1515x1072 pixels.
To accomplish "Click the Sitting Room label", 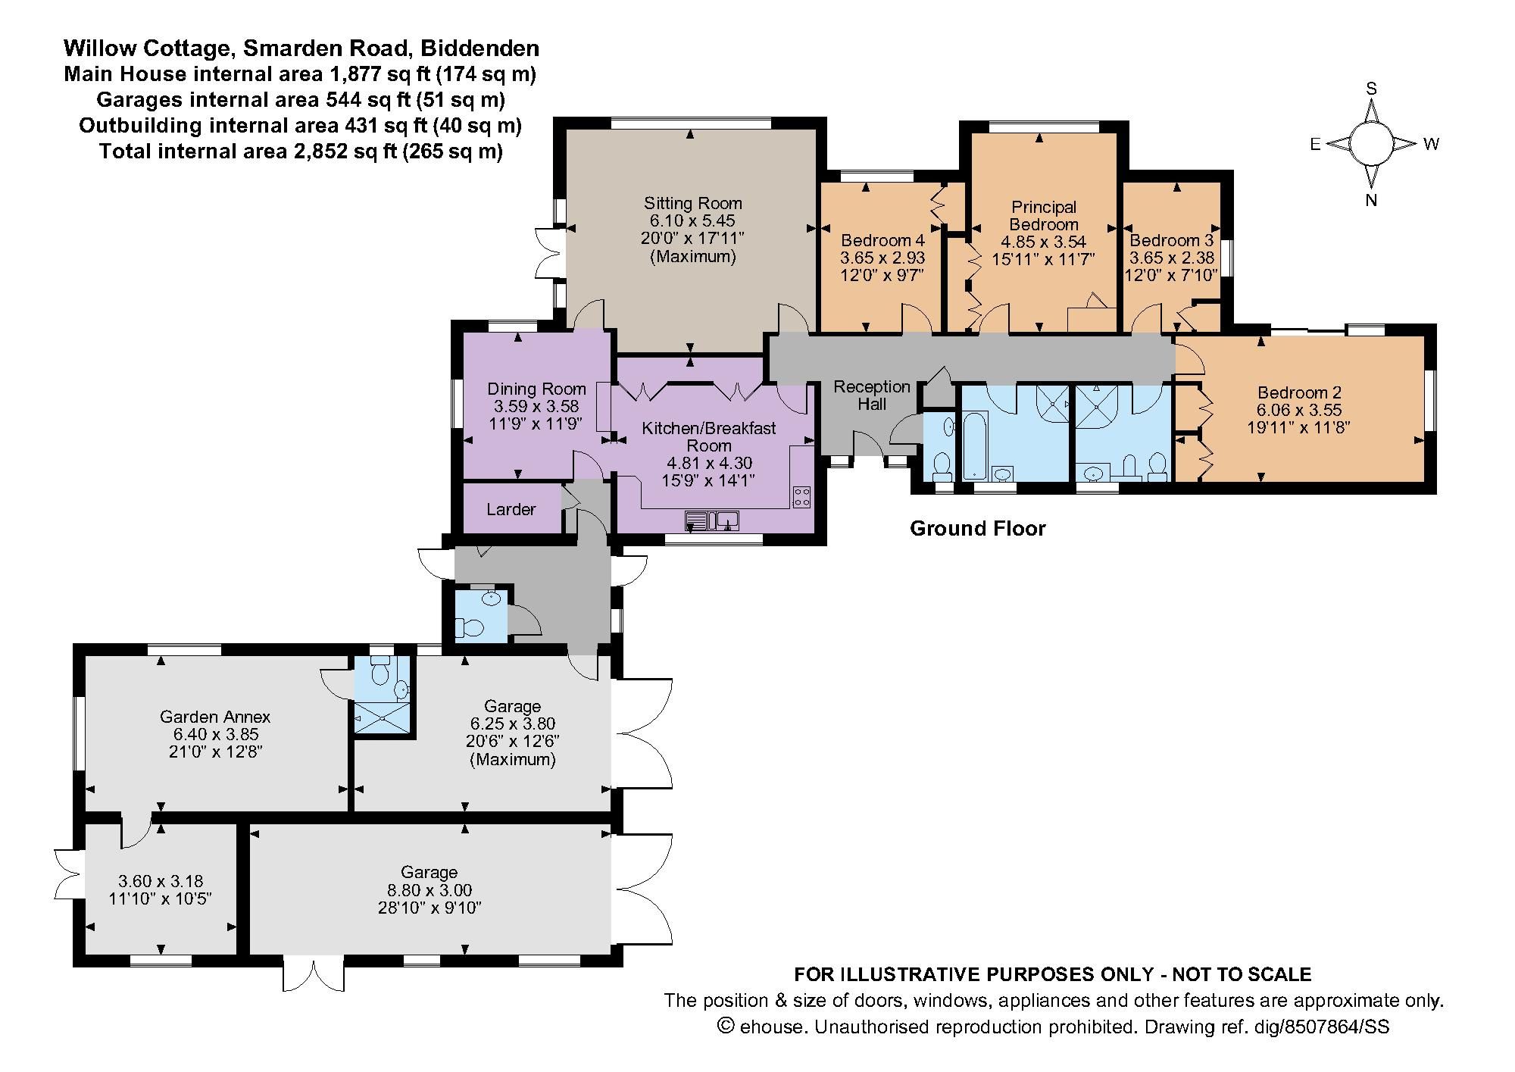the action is coord(692,203).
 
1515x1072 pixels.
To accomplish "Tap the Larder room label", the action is coord(511,509).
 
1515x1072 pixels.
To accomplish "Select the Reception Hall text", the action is coord(872,395).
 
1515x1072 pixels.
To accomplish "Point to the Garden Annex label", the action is coord(215,716).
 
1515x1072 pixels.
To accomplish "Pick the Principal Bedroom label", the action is coord(1044,215).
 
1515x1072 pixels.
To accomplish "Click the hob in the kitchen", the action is coord(802,497).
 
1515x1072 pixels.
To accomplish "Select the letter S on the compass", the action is coord(1371,89).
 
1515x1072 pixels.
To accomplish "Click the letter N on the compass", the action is coord(1371,200).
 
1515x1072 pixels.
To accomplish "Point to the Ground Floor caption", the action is coord(977,528).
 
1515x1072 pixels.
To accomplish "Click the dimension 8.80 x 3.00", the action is coord(430,890).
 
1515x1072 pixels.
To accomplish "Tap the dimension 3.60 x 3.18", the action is coord(161,881).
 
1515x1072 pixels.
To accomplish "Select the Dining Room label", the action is coord(536,389).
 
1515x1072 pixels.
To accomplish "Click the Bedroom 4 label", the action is coord(882,240).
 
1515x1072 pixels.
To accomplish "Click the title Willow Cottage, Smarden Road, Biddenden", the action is coord(301,48).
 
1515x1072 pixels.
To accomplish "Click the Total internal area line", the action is coord(301,151).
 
